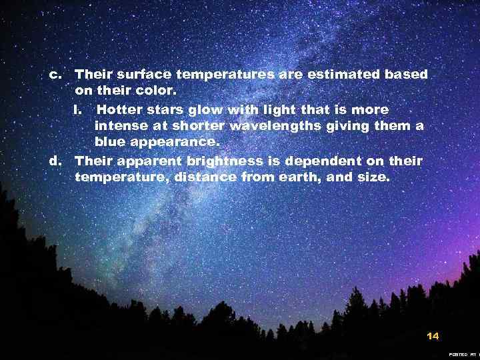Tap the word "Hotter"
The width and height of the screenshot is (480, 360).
click(x=125, y=109)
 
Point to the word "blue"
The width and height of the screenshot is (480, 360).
click(x=111, y=142)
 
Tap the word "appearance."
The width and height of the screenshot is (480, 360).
click(x=176, y=143)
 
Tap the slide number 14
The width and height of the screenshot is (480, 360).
click(x=433, y=336)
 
